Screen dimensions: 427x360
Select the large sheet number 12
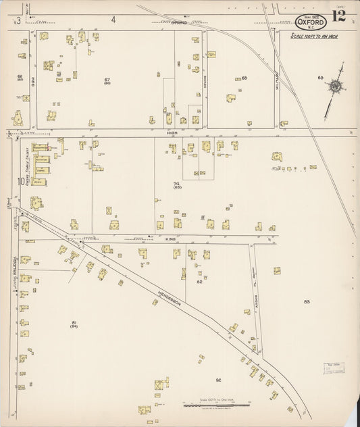click(338, 17)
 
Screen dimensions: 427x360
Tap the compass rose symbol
click(335, 86)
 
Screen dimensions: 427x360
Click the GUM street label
click(33, 80)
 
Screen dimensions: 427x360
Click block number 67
click(107, 80)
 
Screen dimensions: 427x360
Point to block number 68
click(244, 78)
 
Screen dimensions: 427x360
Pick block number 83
click(307, 302)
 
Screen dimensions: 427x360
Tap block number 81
click(74, 324)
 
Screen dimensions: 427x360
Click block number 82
click(199, 282)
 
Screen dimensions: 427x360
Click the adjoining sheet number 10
click(22, 181)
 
